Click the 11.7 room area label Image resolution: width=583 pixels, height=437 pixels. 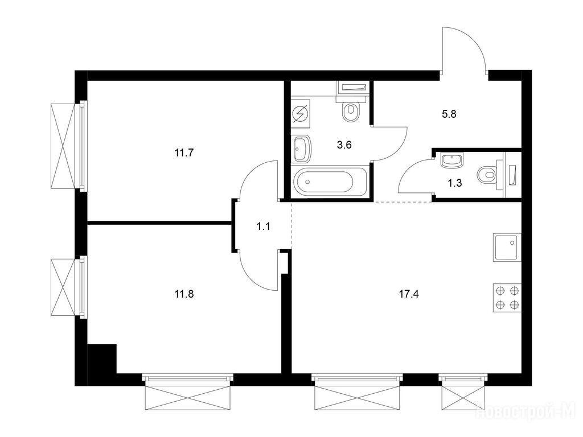tap(184, 152)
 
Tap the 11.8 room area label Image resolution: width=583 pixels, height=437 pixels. tap(184, 295)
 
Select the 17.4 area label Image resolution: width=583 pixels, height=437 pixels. tap(409, 295)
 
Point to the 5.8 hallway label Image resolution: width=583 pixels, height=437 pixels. tap(449, 114)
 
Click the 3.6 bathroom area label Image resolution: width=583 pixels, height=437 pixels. tap(344, 145)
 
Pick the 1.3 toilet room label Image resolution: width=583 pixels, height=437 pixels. tap(455, 183)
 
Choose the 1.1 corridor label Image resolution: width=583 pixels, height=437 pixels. tap(263, 226)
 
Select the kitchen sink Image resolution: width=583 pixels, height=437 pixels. tap(507, 248)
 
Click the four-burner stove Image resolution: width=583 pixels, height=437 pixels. tap(507, 298)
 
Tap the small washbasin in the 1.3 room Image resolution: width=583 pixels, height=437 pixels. tap(451, 160)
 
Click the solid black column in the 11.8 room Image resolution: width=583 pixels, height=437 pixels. tap(102, 358)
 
